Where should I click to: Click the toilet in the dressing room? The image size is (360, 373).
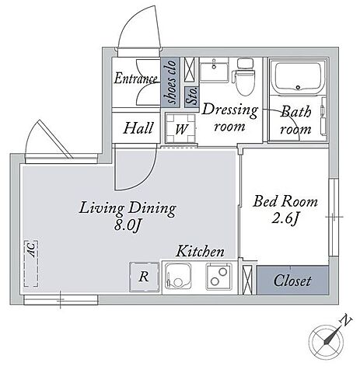tap(244, 77)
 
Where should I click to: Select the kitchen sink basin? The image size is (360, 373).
tap(178, 276)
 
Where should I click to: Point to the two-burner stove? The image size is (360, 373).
tap(218, 277)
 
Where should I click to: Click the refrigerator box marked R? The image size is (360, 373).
tap(144, 277)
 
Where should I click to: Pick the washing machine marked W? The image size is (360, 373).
tap(180, 128)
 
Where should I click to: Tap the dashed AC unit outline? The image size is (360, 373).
tap(31, 263)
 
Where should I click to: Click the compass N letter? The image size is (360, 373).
tap(345, 321)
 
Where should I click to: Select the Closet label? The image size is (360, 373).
tap(292, 281)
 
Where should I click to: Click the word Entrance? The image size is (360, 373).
tap(136, 78)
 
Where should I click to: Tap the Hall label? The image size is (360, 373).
tap(138, 128)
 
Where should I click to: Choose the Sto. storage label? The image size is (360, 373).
tap(192, 96)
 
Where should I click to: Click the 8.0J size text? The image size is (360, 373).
tap(127, 226)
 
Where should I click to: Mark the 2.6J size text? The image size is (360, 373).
tap(285, 219)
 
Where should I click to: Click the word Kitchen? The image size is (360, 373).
tap(200, 251)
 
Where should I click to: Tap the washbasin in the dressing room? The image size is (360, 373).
tap(214, 68)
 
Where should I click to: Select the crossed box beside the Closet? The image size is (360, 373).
tap(247, 280)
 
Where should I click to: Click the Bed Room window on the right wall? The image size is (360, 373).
tap(334, 217)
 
